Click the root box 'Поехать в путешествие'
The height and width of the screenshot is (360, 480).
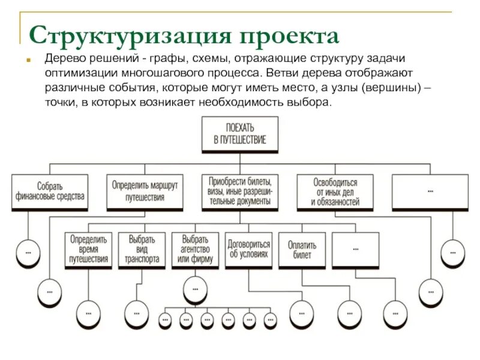pos(239,134)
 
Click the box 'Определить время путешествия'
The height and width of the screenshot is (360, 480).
pos(88,248)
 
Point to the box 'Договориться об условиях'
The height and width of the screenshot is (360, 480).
pos(248,248)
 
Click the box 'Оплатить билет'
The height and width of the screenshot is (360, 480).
pos(302,248)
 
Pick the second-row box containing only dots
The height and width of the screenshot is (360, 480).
pos(356,248)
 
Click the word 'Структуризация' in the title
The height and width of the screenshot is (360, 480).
pos(129,35)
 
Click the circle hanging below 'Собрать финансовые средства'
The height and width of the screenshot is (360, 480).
pos(28,253)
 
